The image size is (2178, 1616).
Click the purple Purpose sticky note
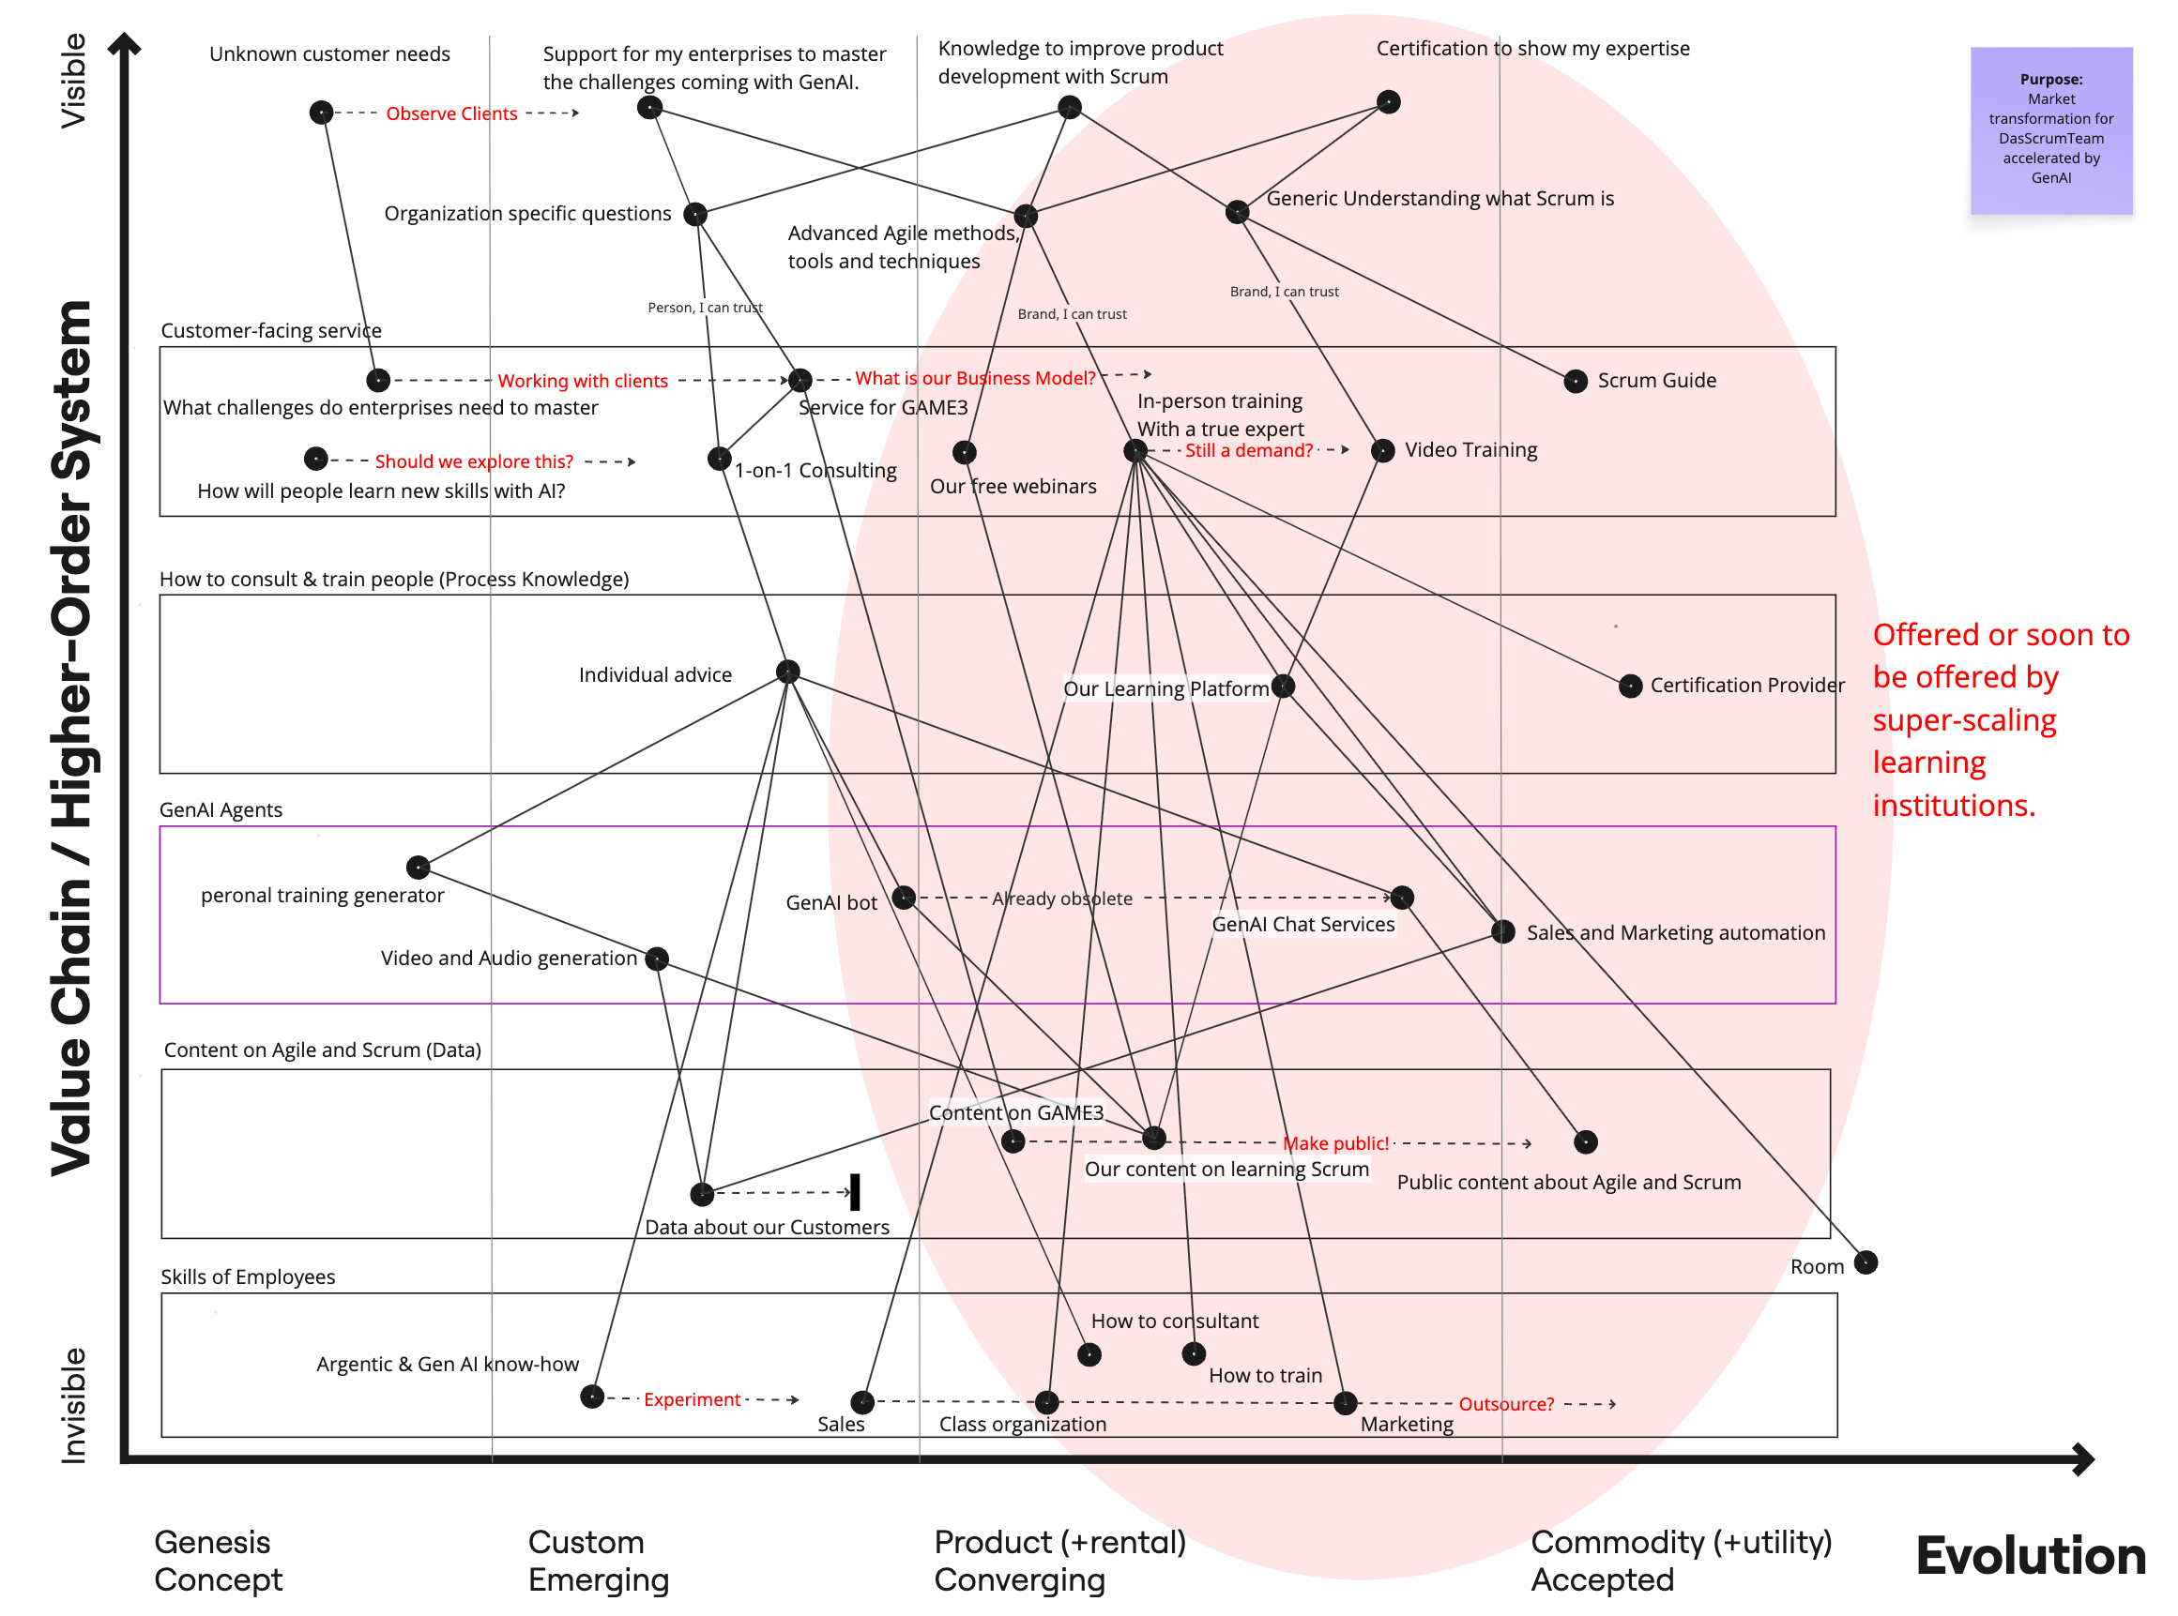click(2049, 130)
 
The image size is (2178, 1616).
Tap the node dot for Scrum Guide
click(1575, 381)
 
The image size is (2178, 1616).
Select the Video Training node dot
click(1381, 450)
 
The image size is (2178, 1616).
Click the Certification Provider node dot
click(1629, 686)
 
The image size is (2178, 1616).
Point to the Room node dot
click(1865, 1261)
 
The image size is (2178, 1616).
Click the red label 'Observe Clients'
click(451, 113)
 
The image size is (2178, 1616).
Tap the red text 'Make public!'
click(1335, 1142)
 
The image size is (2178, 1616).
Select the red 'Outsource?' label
click(1506, 1404)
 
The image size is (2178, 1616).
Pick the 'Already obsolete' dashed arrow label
click(1061, 898)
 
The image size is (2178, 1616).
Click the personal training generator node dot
click(418, 867)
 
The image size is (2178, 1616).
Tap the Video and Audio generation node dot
click(658, 959)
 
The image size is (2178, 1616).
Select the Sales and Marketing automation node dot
click(1503, 931)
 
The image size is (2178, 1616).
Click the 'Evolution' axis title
click(2031, 1555)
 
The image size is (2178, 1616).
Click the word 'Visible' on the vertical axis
click(73, 81)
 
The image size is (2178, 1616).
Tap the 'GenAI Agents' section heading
click(221, 810)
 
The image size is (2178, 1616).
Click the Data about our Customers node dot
click(702, 1193)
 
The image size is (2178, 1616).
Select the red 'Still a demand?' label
click(1248, 450)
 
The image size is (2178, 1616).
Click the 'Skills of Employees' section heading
click(248, 1276)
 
